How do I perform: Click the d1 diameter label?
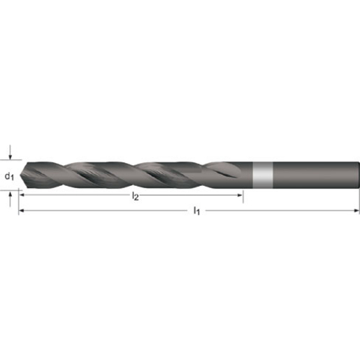pyautogui.click(x=9, y=176)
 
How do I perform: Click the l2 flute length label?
pyautogui.click(x=136, y=197)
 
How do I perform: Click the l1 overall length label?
pyautogui.click(x=196, y=210)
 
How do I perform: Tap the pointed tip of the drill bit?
pyautogui.click(x=21, y=176)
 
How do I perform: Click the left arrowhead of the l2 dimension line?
pyautogui.click(x=22, y=197)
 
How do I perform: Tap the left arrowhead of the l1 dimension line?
pyautogui.click(x=22, y=210)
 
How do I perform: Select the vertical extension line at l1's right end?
pyautogui.click(x=359, y=203)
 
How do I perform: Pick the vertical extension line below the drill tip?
pyautogui.click(x=19, y=203)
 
